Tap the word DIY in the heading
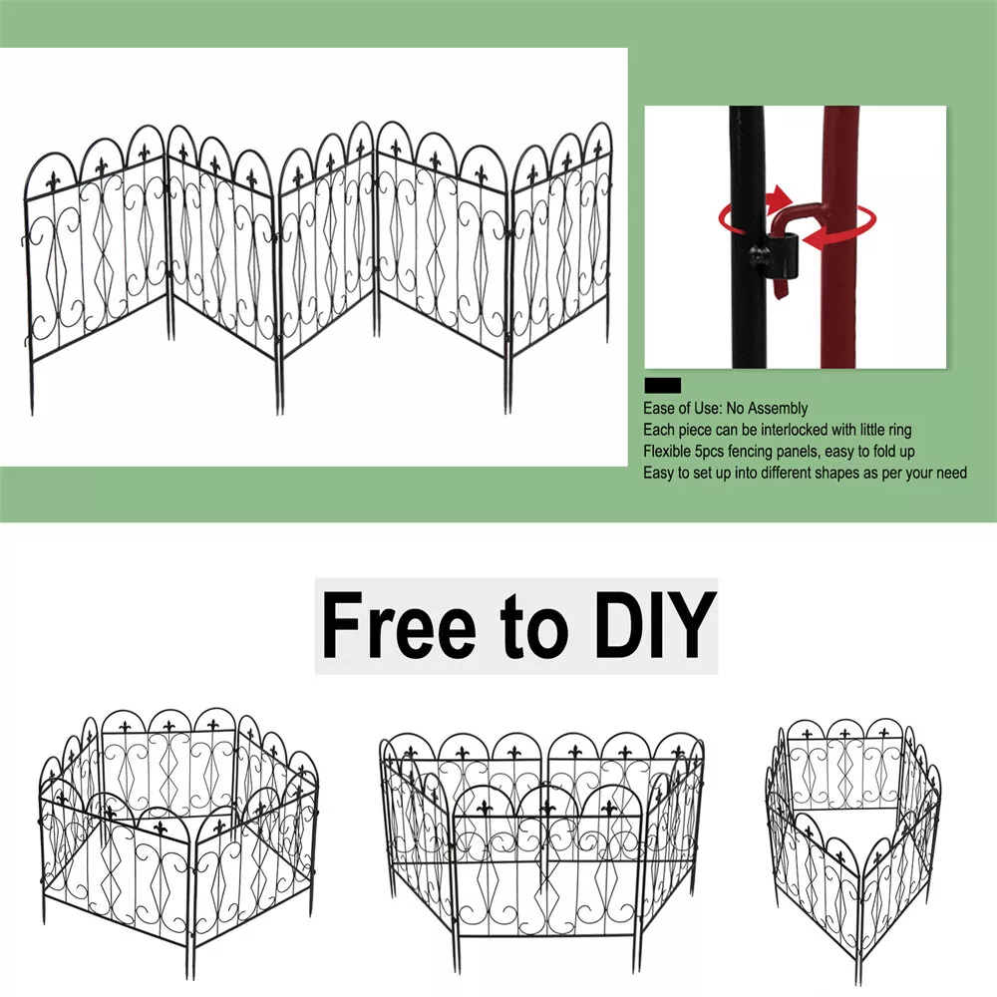pos(655,625)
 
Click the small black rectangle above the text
pos(663,385)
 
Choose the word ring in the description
pos(898,431)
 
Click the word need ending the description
pos(951,473)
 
